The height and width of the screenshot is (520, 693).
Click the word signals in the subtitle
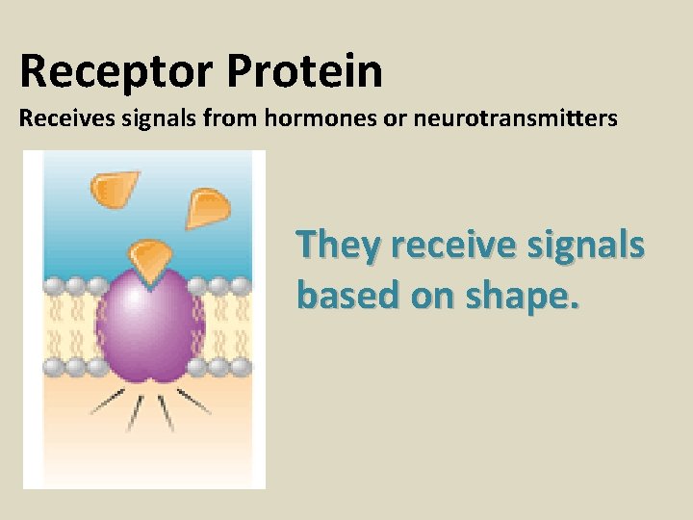pos(143,121)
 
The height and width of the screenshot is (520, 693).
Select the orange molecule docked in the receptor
pos(149,259)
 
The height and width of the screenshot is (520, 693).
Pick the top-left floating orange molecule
pos(114,187)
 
